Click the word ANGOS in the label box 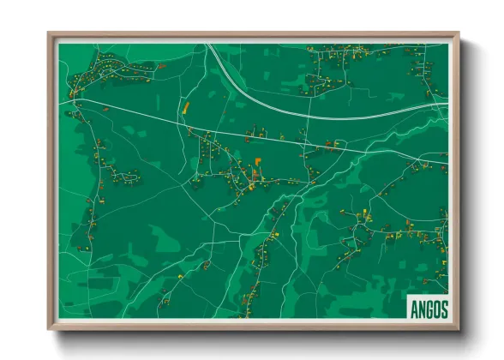(x=429, y=309)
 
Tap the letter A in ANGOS (x=413, y=309)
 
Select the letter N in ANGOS (x=421, y=309)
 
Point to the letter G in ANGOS (x=429, y=309)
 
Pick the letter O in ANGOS (x=436, y=309)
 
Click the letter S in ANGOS (x=444, y=309)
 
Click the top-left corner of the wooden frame (x=49, y=33)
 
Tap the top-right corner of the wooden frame (x=459, y=33)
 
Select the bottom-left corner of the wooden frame (x=49, y=329)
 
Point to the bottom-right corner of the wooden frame (x=459, y=329)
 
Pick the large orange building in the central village (x=256, y=160)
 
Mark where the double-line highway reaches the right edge (x=447, y=106)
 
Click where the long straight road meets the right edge (x=447, y=162)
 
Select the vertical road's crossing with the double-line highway (x=310, y=115)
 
